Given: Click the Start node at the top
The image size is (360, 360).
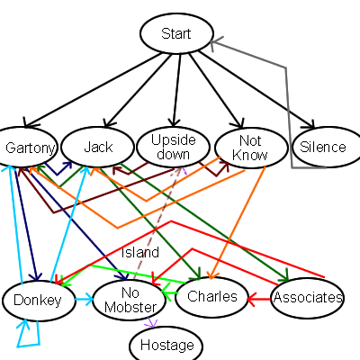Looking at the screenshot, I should (x=175, y=34).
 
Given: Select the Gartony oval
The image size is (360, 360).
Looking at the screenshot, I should (x=30, y=148).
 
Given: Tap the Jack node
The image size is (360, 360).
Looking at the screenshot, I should (x=98, y=147).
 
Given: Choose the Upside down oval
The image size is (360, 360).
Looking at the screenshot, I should (x=173, y=148).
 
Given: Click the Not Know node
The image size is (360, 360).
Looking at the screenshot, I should (x=249, y=148).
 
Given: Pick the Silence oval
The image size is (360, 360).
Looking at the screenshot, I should (x=323, y=148).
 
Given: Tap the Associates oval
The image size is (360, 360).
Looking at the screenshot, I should (x=308, y=297).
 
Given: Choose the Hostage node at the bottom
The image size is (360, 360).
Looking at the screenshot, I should (x=166, y=345).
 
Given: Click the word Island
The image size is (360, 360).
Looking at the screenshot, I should (x=139, y=252).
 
